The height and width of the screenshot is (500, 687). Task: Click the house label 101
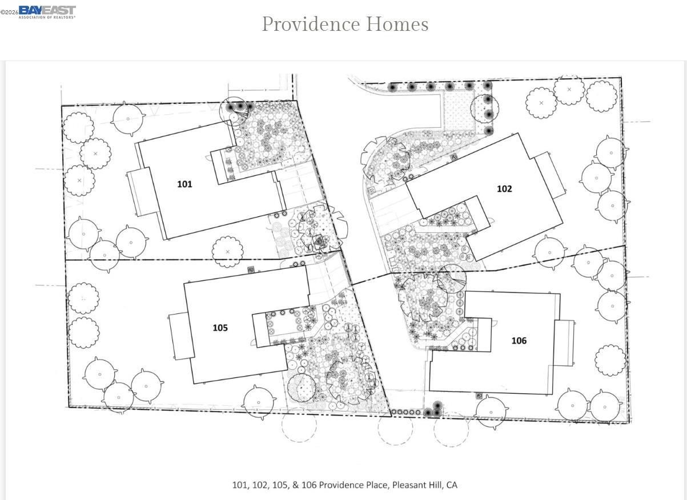(x=184, y=184)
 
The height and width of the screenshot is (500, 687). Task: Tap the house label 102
(x=504, y=188)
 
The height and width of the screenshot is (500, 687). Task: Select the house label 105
(x=220, y=328)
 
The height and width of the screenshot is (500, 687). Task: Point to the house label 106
(x=519, y=341)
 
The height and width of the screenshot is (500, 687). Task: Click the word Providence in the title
(x=311, y=25)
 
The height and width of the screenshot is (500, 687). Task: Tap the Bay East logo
(x=47, y=12)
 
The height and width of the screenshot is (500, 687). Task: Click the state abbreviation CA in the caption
(x=452, y=485)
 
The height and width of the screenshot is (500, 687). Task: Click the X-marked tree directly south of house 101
(x=228, y=252)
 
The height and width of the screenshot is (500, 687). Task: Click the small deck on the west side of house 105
(x=181, y=336)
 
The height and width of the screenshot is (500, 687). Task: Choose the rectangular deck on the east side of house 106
(x=564, y=343)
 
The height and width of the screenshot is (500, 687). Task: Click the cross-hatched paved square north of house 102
(x=456, y=108)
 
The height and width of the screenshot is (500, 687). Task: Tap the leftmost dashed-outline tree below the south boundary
(x=299, y=425)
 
